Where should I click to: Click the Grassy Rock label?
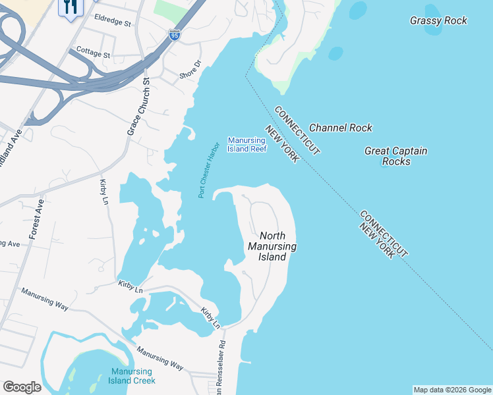(x=438, y=20)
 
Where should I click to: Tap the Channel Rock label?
(x=340, y=128)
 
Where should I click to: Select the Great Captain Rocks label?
(x=396, y=156)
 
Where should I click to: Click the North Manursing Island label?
(x=272, y=246)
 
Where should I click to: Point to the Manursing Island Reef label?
(x=246, y=144)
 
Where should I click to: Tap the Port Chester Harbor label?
(x=208, y=169)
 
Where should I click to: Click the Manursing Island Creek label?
(x=133, y=376)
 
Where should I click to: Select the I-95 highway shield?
(x=174, y=35)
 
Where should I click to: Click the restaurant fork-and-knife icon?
(x=71, y=7)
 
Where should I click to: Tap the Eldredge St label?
(x=113, y=22)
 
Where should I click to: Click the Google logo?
(x=22, y=387)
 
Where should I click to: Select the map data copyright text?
(x=452, y=390)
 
